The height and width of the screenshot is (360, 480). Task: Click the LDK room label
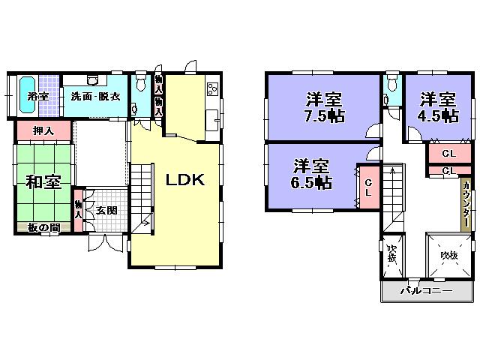(x=185, y=180)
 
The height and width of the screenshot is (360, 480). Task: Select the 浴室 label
(x=37, y=96)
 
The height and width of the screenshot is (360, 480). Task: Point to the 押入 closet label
(x=43, y=130)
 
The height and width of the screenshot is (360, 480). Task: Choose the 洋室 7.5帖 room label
(x=323, y=107)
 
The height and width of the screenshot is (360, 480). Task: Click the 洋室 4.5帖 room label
(x=439, y=107)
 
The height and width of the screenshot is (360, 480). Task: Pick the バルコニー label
(x=425, y=311)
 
